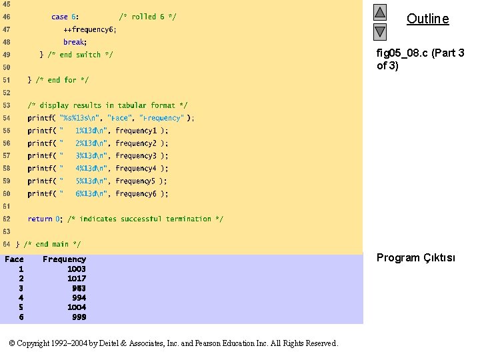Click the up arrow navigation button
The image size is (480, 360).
[379, 12]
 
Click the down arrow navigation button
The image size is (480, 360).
[379, 31]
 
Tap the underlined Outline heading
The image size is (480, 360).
[427, 19]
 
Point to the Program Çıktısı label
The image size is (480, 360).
[415, 258]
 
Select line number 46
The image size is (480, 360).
[7, 17]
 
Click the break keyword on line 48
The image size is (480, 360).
[75, 42]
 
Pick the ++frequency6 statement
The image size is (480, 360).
[90, 29]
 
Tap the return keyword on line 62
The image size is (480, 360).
[40, 219]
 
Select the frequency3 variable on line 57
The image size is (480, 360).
[136, 156]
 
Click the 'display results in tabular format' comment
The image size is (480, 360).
[107, 105]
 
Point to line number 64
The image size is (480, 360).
[7, 244]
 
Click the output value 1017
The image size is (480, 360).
[77, 279]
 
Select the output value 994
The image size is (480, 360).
[79, 298]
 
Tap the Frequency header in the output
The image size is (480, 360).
[64, 259]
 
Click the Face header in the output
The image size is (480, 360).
[14, 259]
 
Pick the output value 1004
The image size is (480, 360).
[77, 307]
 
